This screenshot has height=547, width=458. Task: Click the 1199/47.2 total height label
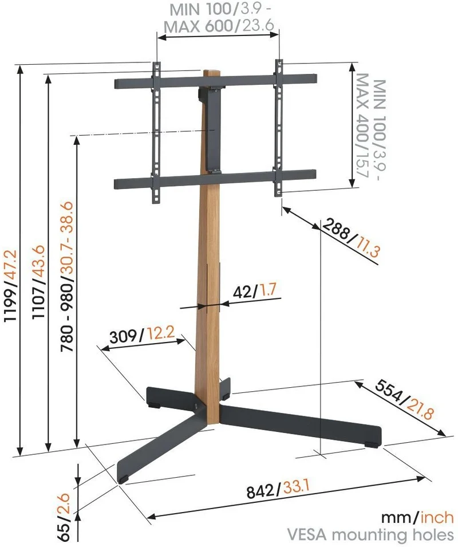(x=10, y=285)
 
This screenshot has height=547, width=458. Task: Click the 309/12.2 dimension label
(x=142, y=335)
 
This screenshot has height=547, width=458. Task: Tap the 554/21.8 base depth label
(x=404, y=399)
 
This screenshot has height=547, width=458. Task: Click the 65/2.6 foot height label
(x=65, y=517)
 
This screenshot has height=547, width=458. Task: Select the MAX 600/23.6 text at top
(x=219, y=25)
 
